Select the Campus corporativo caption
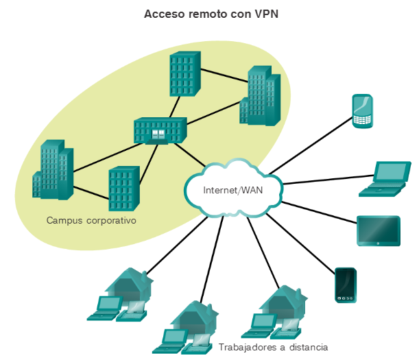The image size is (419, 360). click(92, 221)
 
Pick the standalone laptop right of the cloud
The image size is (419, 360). click(385, 179)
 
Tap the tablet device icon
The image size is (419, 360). click(378, 231)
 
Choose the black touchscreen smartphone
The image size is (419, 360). click(344, 285)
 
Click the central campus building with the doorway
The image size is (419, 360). click(160, 130)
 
